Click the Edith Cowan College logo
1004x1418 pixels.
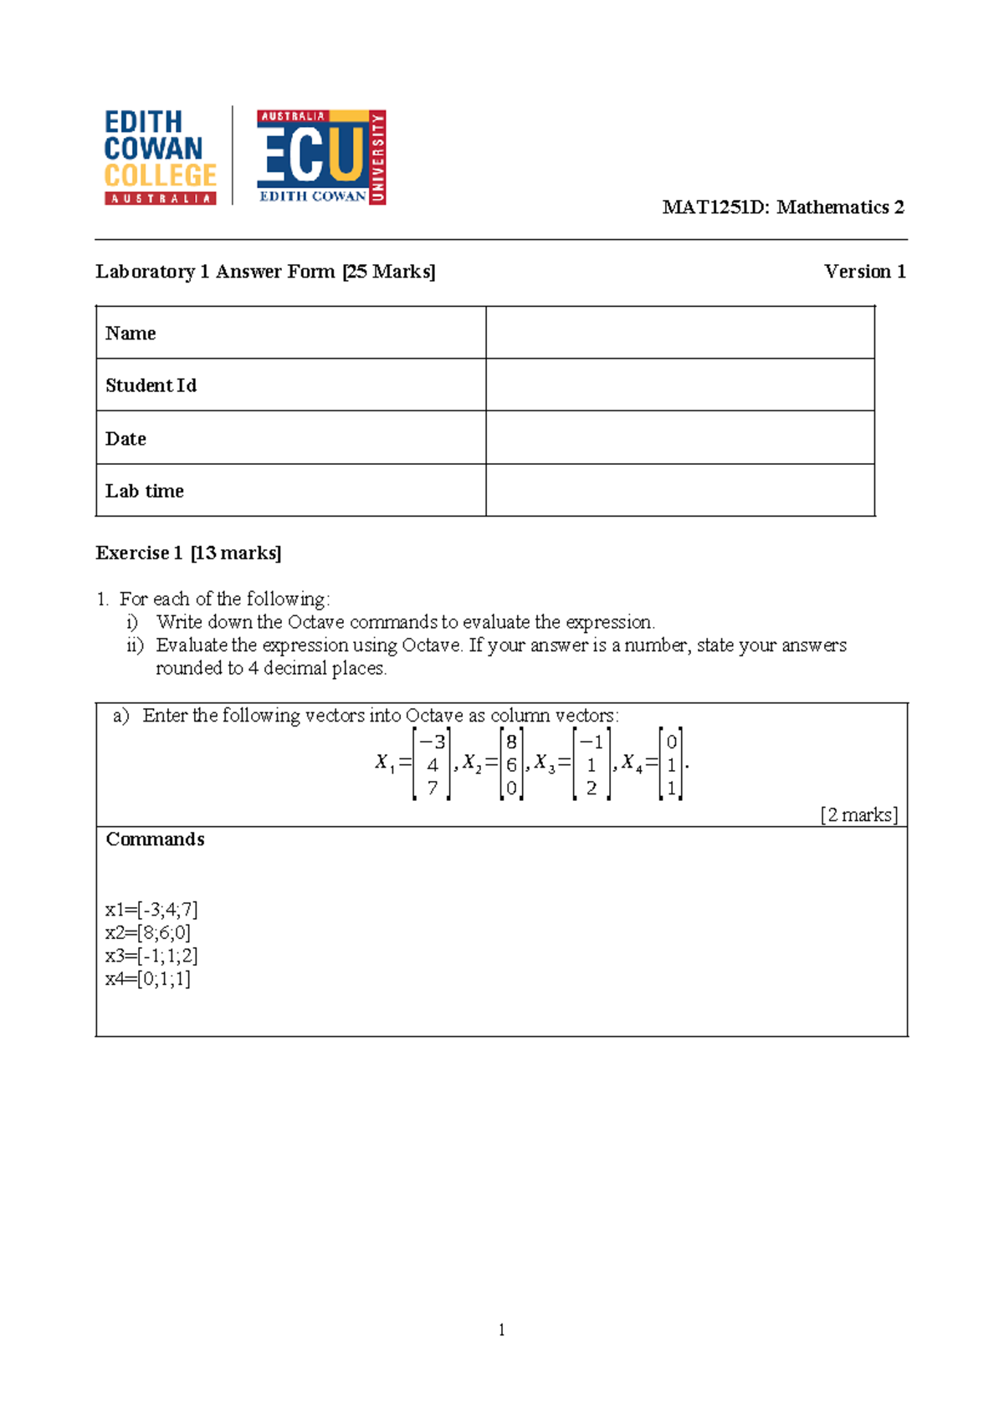tap(160, 157)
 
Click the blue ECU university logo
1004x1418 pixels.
tap(320, 157)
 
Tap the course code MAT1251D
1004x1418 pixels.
tap(714, 207)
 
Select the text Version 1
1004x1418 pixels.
tap(864, 272)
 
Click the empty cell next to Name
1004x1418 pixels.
tap(679, 333)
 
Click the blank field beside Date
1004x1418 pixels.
tap(679, 438)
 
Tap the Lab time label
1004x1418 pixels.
tap(145, 491)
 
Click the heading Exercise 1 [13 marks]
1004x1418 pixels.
tap(188, 553)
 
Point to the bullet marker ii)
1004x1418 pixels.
tap(135, 645)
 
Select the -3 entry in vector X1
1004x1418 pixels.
tap(433, 742)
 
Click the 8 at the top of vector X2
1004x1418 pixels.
tap(511, 742)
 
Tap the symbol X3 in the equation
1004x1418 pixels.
tap(544, 763)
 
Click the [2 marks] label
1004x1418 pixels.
tap(858, 815)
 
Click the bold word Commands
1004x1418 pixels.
tap(155, 839)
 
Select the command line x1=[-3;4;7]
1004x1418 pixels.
tap(151, 910)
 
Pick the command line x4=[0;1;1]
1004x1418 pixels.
tap(148, 979)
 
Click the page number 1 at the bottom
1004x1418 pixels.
tap(501, 1330)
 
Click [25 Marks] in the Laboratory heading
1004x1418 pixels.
tap(388, 272)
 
